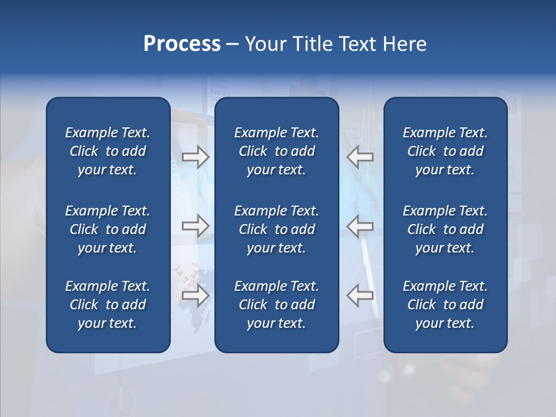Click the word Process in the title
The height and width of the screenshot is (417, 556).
tap(182, 44)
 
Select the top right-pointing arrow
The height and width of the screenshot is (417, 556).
tap(195, 157)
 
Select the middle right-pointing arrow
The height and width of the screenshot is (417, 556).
tap(195, 226)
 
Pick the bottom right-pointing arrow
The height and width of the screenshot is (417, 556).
tap(195, 295)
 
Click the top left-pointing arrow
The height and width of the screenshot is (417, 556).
tap(360, 157)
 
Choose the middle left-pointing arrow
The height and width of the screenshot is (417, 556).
tap(360, 226)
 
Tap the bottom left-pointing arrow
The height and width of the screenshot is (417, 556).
tap(360, 295)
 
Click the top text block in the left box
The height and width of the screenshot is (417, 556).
tap(108, 151)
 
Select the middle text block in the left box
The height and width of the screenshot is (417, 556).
tap(108, 229)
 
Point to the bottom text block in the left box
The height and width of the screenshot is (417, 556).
tap(108, 305)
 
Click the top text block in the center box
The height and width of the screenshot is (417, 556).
tap(277, 151)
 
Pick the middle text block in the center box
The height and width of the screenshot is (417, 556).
tap(277, 229)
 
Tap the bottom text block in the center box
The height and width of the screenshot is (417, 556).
tap(277, 305)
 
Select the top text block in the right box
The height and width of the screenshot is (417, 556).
tap(445, 151)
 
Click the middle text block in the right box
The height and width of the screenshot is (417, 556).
tap(445, 229)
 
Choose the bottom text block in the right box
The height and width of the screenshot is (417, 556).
tap(445, 305)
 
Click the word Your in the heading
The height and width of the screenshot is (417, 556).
tap(262, 44)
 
